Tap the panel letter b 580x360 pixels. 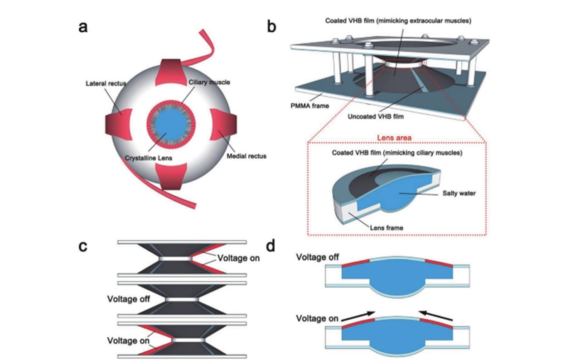pyautogui.click(x=272, y=28)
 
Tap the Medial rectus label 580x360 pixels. pyautogui.click(x=247, y=156)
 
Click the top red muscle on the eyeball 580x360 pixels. pyautogui.click(x=169, y=72)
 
